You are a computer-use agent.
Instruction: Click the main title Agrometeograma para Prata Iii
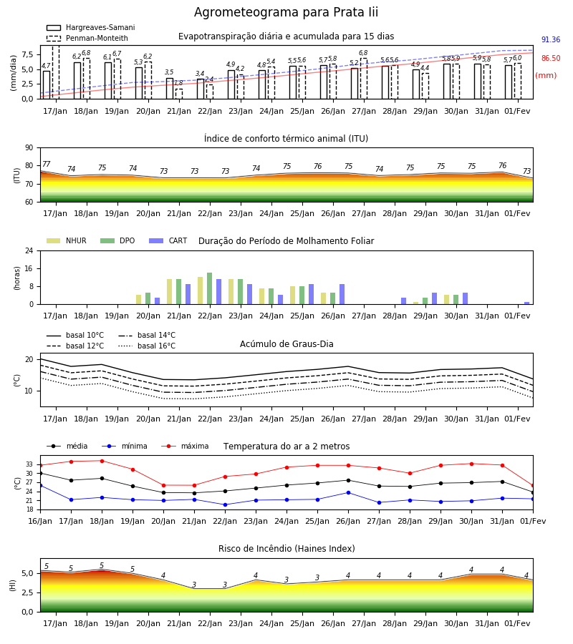(x=286, y=12)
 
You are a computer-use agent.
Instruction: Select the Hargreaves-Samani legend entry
(x=91, y=27)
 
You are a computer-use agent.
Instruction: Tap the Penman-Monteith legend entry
(x=87, y=38)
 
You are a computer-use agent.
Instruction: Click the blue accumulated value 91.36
(x=551, y=40)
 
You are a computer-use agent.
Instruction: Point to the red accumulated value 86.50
(x=551, y=59)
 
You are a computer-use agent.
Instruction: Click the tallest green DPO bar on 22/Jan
(x=210, y=288)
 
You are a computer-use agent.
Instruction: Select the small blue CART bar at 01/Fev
(x=527, y=303)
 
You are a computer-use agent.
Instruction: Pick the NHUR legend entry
(x=67, y=240)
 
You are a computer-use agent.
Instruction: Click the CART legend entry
(x=168, y=240)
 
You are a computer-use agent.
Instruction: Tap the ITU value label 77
(x=47, y=165)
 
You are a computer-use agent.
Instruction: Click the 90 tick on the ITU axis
(x=29, y=148)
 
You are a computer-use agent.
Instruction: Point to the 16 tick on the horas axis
(x=29, y=268)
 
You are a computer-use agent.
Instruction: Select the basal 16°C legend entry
(x=147, y=346)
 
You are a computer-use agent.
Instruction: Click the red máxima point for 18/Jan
(x=102, y=461)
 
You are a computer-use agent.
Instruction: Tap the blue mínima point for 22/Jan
(x=225, y=504)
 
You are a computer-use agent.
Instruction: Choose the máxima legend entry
(x=185, y=446)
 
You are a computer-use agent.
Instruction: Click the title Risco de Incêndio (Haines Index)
(x=286, y=549)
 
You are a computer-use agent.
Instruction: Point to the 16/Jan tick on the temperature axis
(x=40, y=521)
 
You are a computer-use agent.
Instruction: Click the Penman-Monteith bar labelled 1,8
(x=179, y=94)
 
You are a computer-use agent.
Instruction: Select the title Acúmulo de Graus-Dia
(x=286, y=344)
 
